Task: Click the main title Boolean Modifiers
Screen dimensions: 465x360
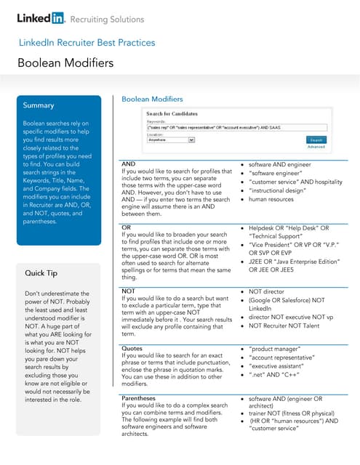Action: (65, 63)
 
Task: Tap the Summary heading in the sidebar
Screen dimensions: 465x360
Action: (38, 105)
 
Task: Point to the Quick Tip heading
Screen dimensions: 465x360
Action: (41, 273)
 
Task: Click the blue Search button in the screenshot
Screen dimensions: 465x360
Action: (316, 139)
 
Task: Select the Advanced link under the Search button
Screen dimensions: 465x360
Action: (316, 147)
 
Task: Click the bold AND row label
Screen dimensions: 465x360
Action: (128, 165)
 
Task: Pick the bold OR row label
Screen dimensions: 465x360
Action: (126, 227)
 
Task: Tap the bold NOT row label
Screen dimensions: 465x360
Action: (128, 291)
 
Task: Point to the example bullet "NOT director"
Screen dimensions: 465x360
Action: (270, 291)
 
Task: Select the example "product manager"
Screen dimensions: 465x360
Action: (276, 349)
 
